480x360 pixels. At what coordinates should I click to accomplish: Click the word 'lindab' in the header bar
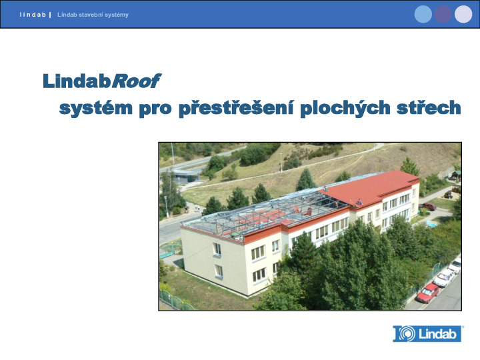pyautogui.click(x=33, y=15)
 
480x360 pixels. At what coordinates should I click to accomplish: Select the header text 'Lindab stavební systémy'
pyautogui.click(x=93, y=15)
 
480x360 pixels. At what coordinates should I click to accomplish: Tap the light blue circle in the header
pyautogui.click(x=423, y=14)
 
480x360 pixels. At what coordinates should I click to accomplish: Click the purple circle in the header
pyautogui.click(x=443, y=14)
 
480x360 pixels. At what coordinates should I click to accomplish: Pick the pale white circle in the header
pyautogui.click(x=463, y=14)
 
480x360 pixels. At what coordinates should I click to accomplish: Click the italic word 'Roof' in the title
pyautogui.click(x=136, y=81)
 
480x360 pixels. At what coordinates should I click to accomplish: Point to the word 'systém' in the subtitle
pyautogui.click(x=96, y=109)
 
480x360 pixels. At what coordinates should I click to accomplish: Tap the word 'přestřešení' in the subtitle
pyautogui.click(x=236, y=108)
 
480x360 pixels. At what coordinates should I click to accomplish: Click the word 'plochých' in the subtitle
pyautogui.click(x=345, y=108)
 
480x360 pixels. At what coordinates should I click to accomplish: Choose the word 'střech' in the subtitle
pyautogui.click(x=429, y=107)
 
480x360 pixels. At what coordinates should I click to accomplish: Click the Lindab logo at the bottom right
pyautogui.click(x=427, y=334)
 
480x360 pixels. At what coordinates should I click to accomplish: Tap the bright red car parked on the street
pyautogui.click(x=427, y=293)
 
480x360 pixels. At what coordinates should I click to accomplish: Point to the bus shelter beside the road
pyautogui.click(x=186, y=176)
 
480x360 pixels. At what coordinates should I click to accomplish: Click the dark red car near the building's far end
pyautogui.click(x=427, y=206)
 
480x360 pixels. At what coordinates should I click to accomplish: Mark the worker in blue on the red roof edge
pyautogui.click(x=359, y=203)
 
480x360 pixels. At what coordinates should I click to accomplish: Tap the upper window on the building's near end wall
pyautogui.click(x=217, y=249)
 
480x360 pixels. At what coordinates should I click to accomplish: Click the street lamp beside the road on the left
pyautogui.click(x=166, y=207)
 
